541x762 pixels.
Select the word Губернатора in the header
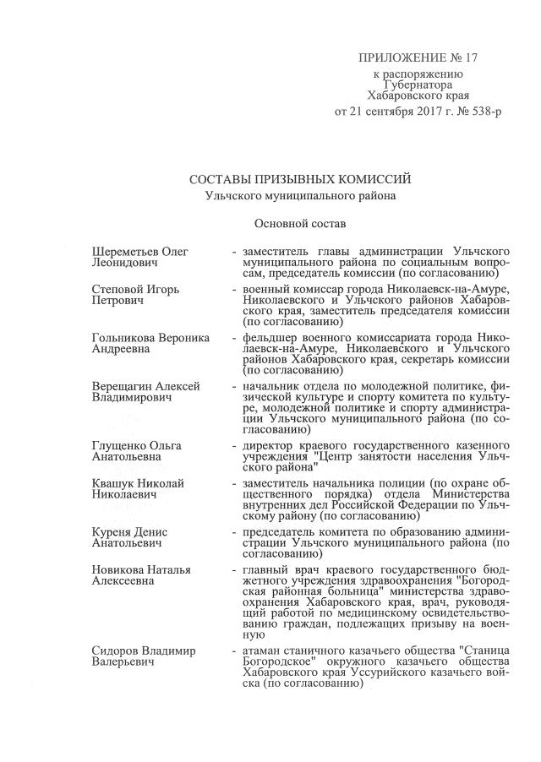tap(418, 85)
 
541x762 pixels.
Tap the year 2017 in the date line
tap(407, 111)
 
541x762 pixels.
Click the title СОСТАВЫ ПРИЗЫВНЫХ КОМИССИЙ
tap(300, 179)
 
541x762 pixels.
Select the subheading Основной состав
tap(299, 224)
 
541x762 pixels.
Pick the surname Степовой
tap(117, 289)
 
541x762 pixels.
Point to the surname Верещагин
tap(123, 386)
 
